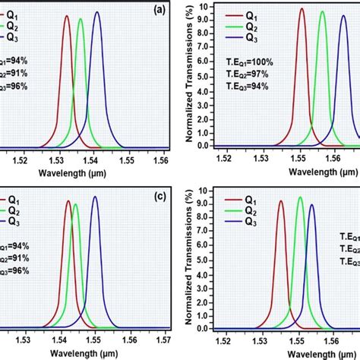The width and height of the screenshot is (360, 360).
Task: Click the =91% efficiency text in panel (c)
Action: click(x=15, y=257)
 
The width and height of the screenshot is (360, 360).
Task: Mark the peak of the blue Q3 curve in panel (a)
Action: click(x=96, y=12)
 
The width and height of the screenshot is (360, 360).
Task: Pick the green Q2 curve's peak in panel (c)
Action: click(x=75, y=204)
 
